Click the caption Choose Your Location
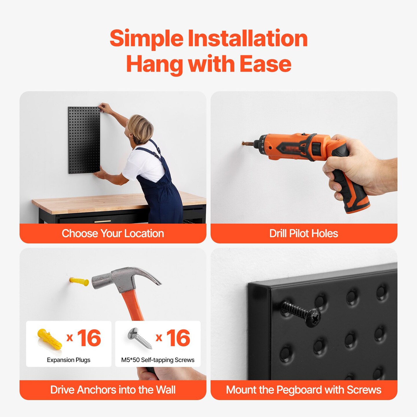coord(113,233)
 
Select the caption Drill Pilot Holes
coord(303,233)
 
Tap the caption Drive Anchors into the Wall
coord(113,390)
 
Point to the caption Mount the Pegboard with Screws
coord(303,390)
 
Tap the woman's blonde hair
coord(140,127)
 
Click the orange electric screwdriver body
coord(292,146)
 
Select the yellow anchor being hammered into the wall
coord(79,281)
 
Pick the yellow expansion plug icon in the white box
coord(50,339)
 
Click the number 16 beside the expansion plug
coord(89,338)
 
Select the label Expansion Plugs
coord(69,360)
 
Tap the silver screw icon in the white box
coord(140,338)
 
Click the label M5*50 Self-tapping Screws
coord(158,360)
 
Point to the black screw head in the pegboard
coord(313,317)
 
